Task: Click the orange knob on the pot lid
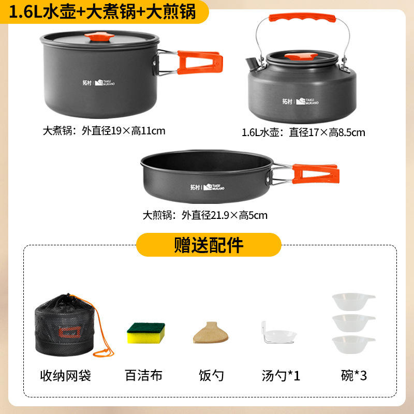point(99,37)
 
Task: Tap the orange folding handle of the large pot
point(200,62)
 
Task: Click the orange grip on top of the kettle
point(302,18)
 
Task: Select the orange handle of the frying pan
point(316,174)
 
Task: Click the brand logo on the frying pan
point(208,187)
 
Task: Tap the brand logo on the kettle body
point(300,101)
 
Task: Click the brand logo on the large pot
point(98,82)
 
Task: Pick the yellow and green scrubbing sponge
point(146,333)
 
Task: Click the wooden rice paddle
point(211,333)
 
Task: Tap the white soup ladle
point(278,333)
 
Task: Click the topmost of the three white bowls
point(353,302)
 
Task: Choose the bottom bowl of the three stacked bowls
point(353,345)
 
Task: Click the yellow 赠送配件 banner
point(209,245)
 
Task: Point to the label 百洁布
point(144,376)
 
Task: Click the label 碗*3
point(354,376)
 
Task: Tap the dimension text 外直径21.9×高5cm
point(225,215)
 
